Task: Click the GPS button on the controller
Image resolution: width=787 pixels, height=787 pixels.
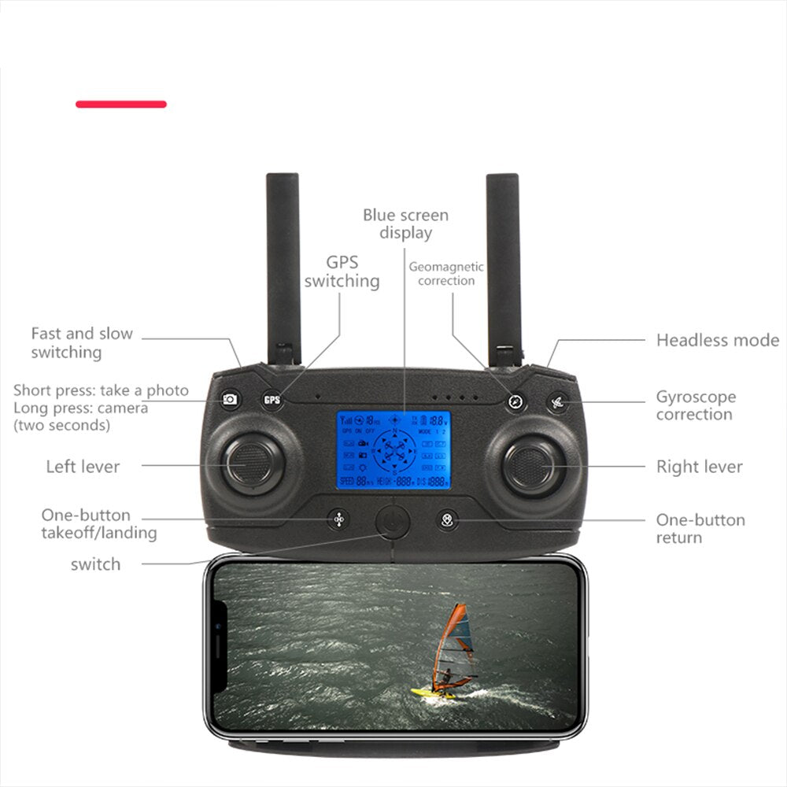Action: tap(272, 399)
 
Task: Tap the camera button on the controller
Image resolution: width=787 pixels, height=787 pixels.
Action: tap(230, 399)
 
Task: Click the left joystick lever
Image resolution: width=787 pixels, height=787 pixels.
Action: tap(251, 464)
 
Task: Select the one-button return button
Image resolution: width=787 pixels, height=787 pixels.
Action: tap(447, 519)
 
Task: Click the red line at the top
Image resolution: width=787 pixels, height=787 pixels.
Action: tap(121, 104)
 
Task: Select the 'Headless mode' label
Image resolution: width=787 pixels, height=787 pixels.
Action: tap(717, 340)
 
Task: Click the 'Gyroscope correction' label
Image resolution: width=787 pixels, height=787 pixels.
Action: tap(696, 405)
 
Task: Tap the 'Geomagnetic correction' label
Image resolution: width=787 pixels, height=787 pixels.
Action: tap(446, 274)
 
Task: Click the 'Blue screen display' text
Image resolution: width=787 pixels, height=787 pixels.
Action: tap(405, 224)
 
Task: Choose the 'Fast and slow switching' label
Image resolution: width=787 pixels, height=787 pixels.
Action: tap(82, 342)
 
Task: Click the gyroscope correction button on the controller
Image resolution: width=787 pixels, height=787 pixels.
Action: tap(558, 401)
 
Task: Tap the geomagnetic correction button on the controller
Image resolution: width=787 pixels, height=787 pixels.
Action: tap(515, 401)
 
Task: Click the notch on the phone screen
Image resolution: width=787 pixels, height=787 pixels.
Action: tap(220, 645)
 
